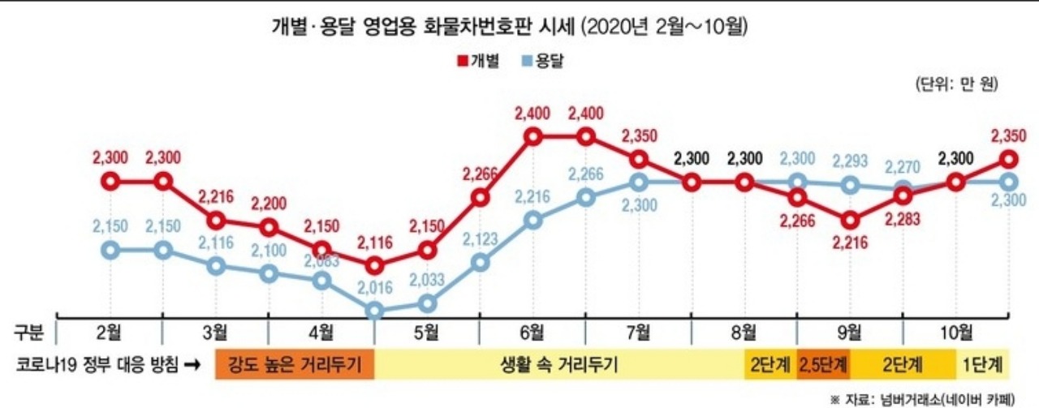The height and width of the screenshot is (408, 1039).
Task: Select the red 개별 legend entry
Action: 478,60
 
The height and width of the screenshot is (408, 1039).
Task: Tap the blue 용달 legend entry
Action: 545,60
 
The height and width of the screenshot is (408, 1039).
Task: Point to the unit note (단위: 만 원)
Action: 955,84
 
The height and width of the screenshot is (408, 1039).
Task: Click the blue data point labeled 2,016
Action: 374,311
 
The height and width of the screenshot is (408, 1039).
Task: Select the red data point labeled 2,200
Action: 269,228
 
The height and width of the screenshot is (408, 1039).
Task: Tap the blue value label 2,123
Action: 480,238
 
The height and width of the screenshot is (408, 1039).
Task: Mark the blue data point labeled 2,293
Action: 851,185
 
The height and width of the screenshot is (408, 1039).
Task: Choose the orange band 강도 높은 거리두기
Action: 294,364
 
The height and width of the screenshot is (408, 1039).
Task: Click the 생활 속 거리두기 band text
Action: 558,364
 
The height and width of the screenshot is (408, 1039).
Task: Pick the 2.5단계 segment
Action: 822,364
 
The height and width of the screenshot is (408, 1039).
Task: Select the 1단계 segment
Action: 983,364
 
